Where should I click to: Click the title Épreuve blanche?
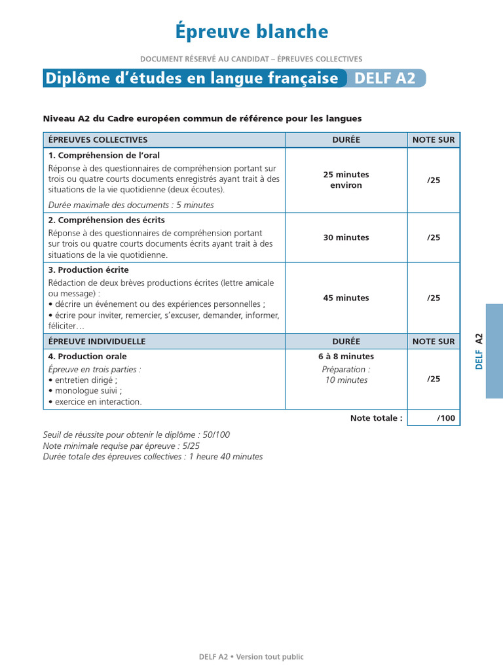coord(251,31)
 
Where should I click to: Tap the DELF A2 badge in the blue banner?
coord(385,79)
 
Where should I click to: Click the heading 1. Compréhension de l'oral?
coord(103,156)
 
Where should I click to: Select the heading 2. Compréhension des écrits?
coord(106,220)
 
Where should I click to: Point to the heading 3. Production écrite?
coord(88,270)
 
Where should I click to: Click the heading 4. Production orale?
coord(88,357)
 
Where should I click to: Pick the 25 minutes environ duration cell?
coord(346,180)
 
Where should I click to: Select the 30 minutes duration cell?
coord(346,238)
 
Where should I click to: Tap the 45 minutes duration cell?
coord(346,298)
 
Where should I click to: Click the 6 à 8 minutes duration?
coord(346,357)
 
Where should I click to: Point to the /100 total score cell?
coord(434,418)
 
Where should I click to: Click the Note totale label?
coord(376,418)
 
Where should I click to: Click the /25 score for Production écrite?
coord(434,298)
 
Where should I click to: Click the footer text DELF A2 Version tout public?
coord(251,657)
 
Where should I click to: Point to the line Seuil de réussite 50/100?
coord(136,435)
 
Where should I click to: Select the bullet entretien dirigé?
coord(84,380)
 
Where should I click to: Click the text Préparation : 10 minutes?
coord(346,375)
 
